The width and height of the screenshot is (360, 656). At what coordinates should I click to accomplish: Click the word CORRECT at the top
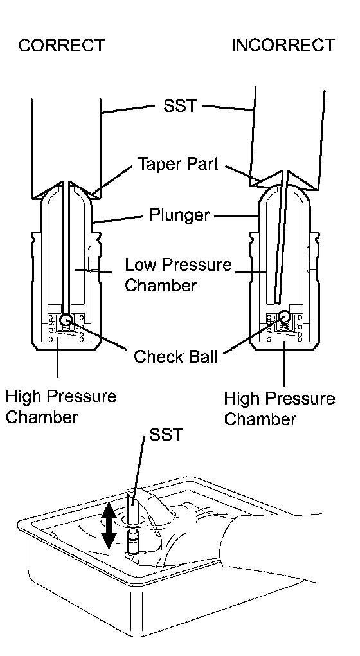coord(62,45)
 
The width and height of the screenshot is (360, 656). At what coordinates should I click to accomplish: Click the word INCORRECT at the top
coord(283,45)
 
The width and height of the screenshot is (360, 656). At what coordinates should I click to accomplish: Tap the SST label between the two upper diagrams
coord(180,106)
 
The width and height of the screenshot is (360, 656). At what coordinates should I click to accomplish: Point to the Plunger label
coord(179,215)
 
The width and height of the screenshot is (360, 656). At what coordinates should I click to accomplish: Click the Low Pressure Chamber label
coord(178,275)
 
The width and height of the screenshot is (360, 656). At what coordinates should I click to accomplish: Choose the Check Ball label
coord(175,356)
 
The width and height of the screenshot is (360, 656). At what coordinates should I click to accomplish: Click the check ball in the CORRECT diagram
coord(66,320)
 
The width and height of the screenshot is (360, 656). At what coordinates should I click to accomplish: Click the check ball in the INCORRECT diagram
coord(284,316)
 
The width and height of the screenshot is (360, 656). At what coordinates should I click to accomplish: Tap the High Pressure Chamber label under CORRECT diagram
coord(61,406)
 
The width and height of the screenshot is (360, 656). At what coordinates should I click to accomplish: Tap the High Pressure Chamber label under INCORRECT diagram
coord(279,408)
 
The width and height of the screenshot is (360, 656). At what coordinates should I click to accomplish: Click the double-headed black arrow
coord(109,525)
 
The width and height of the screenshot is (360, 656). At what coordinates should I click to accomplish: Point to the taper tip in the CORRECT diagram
coord(66,181)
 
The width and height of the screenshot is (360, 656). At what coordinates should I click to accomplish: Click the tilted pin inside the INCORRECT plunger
coord(280,239)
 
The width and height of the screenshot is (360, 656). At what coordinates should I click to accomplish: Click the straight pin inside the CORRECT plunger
coord(66,248)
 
